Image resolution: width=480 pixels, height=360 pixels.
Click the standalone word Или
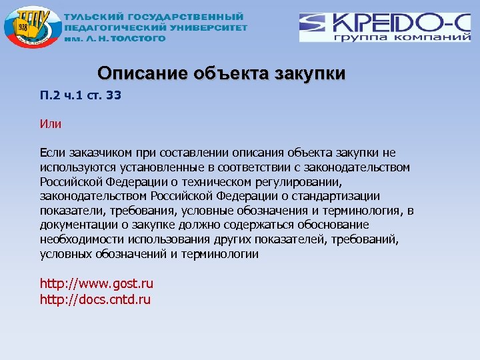tap(51, 123)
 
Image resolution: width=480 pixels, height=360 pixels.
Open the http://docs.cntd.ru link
tap(95, 299)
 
